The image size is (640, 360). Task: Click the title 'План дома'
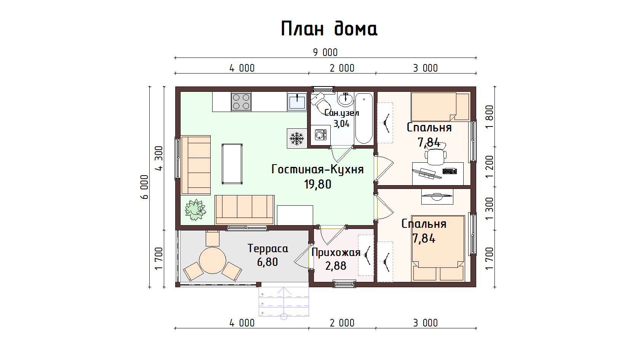click(329, 29)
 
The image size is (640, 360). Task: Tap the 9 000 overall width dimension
click(325, 52)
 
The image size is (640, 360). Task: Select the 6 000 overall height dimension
click(145, 187)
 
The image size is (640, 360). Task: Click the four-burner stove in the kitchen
click(241, 101)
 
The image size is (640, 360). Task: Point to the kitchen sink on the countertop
click(297, 101)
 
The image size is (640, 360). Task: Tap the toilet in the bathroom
click(321, 102)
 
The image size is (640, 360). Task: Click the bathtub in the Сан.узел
click(364, 118)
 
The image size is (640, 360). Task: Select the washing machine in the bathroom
click(321, 134)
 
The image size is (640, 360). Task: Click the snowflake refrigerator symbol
click(297, 139)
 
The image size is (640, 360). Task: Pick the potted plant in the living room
click(195, 210)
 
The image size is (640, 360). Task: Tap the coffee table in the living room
click(232, 164)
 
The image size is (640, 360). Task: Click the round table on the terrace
click(212, 260)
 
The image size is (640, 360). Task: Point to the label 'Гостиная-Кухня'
click(317, 170)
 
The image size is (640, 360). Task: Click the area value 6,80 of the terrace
click(267, 262)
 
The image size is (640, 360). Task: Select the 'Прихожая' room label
click(336, 253)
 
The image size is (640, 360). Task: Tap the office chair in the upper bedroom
click(435, 155)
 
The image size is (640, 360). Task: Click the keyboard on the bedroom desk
click(450, 171)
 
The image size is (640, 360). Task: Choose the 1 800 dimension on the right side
click(490, 117)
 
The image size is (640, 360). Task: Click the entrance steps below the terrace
click(284, 302)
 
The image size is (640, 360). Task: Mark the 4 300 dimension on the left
click(159, 158)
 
